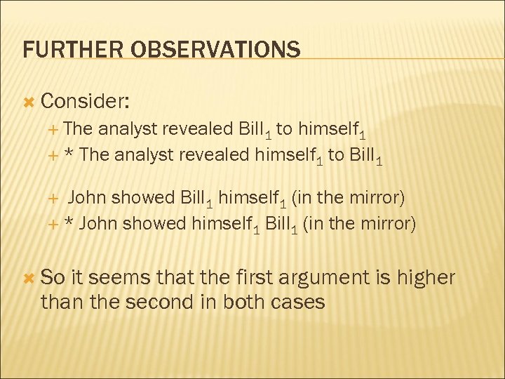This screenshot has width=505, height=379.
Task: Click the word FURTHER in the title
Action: pos(62,50)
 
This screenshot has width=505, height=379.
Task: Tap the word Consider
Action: pos(84,102)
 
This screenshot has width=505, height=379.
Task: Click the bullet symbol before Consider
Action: pos(29,102)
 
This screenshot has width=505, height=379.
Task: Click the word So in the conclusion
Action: pos(53,278)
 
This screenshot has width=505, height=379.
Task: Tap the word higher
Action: pos(425,278)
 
